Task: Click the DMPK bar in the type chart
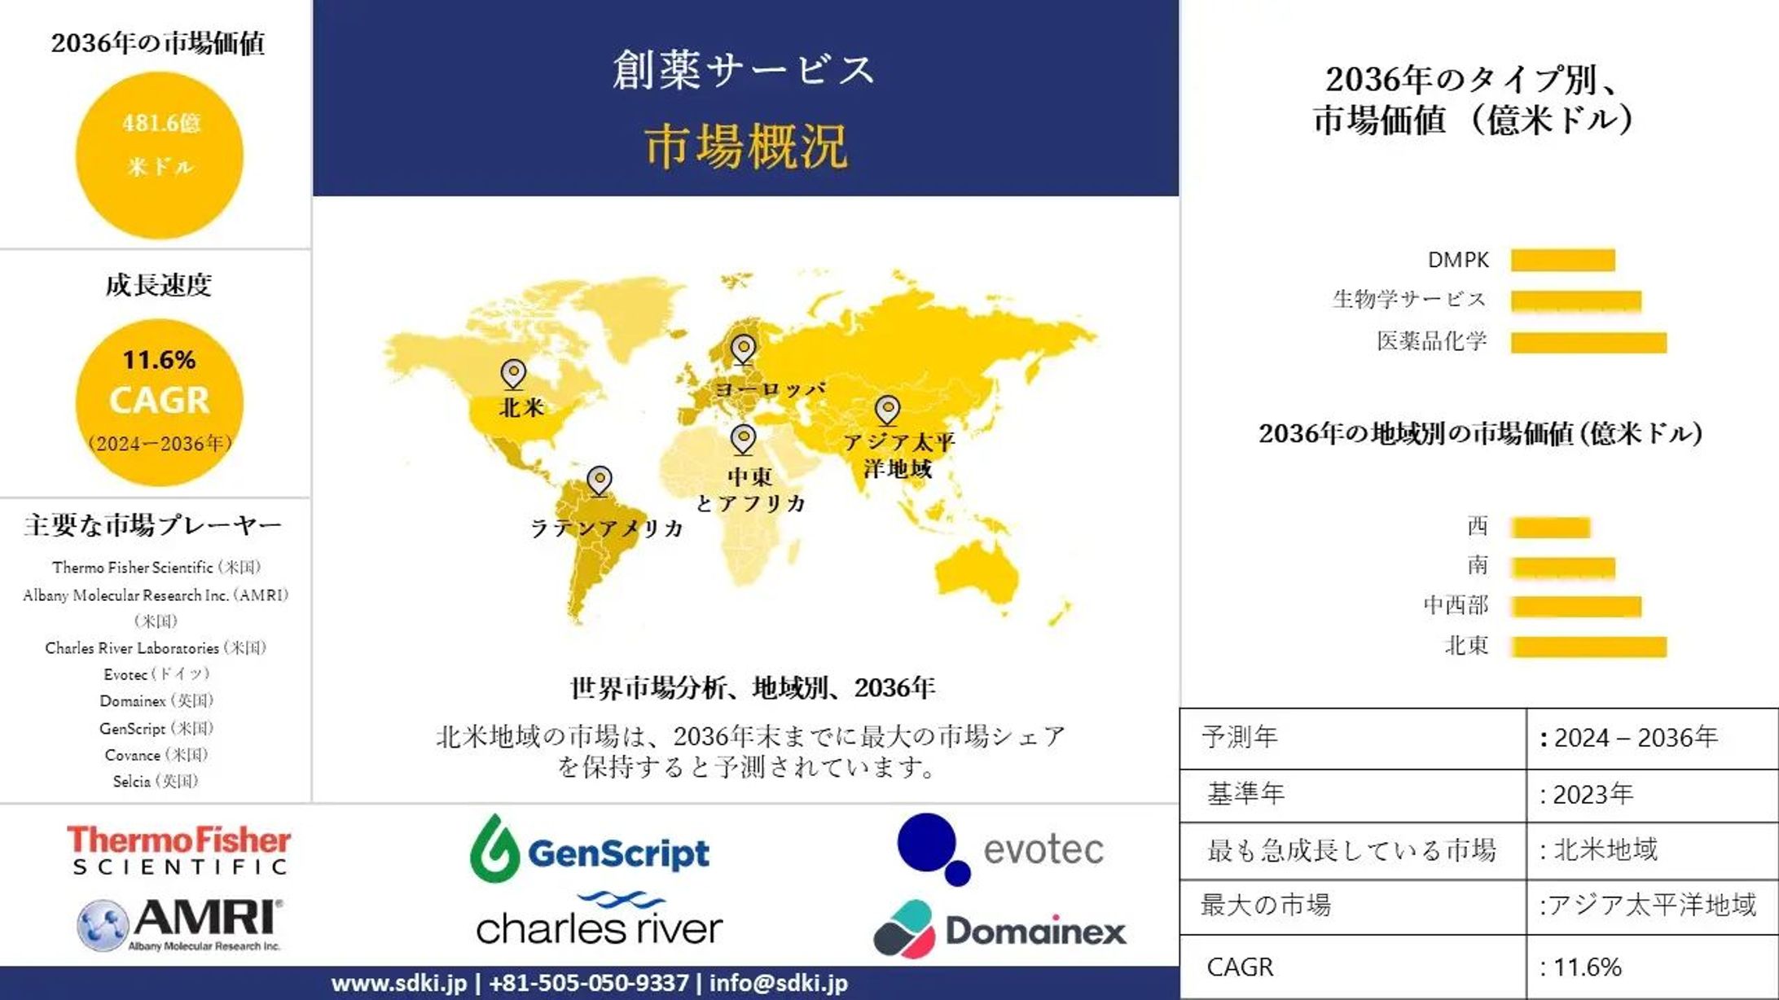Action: click(x=1562, y=260)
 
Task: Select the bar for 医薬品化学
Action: click(x=1588, y=342)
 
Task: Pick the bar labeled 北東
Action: click(x=1588, y=647)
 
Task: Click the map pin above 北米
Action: click(x=513, y=374)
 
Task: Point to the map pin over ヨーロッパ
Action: click(x=743, y=349)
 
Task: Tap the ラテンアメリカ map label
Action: click(x=607, y=529)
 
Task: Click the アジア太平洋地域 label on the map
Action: click(x=898, y=455)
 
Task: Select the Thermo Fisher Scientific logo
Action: click(x=178, y=849)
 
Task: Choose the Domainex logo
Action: click(x=1000, y=930)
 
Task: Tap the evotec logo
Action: click(x=1000, y=849)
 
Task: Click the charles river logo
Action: click(x=600, y=921)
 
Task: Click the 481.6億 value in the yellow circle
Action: click(x=160, y=124)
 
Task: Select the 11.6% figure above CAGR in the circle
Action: click(x=159, y=360)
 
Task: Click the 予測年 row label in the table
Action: click(x=1240, y=738)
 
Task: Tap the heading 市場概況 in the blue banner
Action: click(x=745, y=147)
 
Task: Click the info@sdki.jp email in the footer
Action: click(x=778, y=983)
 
